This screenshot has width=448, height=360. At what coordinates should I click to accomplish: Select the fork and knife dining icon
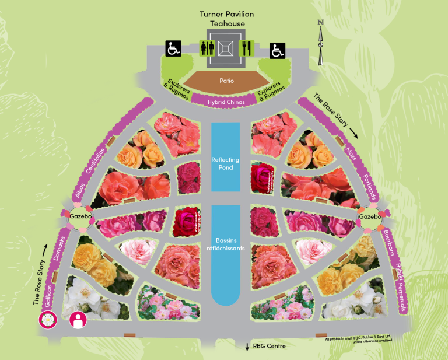(246, 48)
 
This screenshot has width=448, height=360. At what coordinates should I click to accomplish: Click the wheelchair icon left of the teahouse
(173, 48)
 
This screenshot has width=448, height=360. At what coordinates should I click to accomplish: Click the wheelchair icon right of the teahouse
(278, 51)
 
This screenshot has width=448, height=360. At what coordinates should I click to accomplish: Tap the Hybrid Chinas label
(225, 101)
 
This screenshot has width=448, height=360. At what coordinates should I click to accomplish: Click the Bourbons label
(389, 246)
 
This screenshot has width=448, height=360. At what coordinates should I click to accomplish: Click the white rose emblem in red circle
(47, 320)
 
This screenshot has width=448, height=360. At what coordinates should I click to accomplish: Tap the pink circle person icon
(78, 320)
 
